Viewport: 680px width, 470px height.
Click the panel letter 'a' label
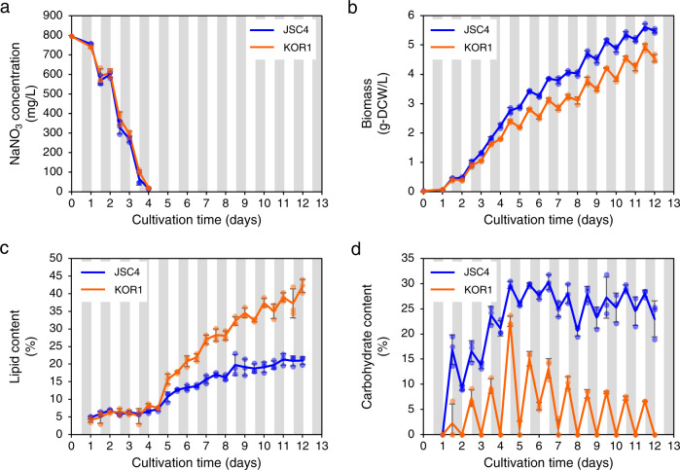[5, 8]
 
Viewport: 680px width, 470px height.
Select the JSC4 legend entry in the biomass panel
[460, 30]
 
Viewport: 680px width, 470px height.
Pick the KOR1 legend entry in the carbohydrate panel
[461, 289]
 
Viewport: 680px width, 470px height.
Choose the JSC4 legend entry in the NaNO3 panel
[280, 30]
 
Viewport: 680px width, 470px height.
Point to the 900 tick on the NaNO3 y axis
[55, 16]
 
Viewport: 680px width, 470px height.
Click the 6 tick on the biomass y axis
[412, 16]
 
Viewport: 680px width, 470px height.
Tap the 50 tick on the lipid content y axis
[58, 258]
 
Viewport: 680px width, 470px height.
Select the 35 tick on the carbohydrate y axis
[408, 258]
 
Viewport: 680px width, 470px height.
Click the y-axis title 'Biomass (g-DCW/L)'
[375, 103]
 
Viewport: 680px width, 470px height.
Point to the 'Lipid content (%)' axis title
[21, 345]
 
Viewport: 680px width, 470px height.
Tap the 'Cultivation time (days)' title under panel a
[197, 220]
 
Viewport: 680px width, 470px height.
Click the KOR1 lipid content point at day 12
[303, 286]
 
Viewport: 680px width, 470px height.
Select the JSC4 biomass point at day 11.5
[645, 27]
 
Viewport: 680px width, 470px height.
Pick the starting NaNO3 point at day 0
[72, 36]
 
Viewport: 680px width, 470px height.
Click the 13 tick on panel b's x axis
[673, 203]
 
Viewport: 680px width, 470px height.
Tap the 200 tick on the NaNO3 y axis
[55, 153]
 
